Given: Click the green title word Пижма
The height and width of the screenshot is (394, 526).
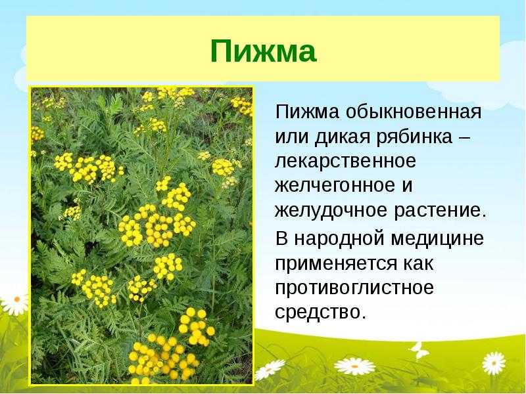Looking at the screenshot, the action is pyautogui.click(x=264, y=51).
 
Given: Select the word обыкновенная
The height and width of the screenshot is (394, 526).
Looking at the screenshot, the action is pyautogui.click(x=414, y=112).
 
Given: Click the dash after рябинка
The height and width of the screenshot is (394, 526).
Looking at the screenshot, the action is pyautogui.click(x=464, y=138).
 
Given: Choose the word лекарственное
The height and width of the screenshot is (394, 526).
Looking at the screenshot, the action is pyautogui.click(x=346, y=162).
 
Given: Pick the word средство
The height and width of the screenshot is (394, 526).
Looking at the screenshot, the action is pyautogui.click(x=320, y=313).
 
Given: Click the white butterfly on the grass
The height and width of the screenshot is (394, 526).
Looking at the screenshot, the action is pyautogui.click(x=419, y=351).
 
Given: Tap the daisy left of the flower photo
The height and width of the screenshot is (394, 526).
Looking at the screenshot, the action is pyautogui.click(x=15, y=303).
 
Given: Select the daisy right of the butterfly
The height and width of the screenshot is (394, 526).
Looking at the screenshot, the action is pyautogui.click(x=494, y=364).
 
